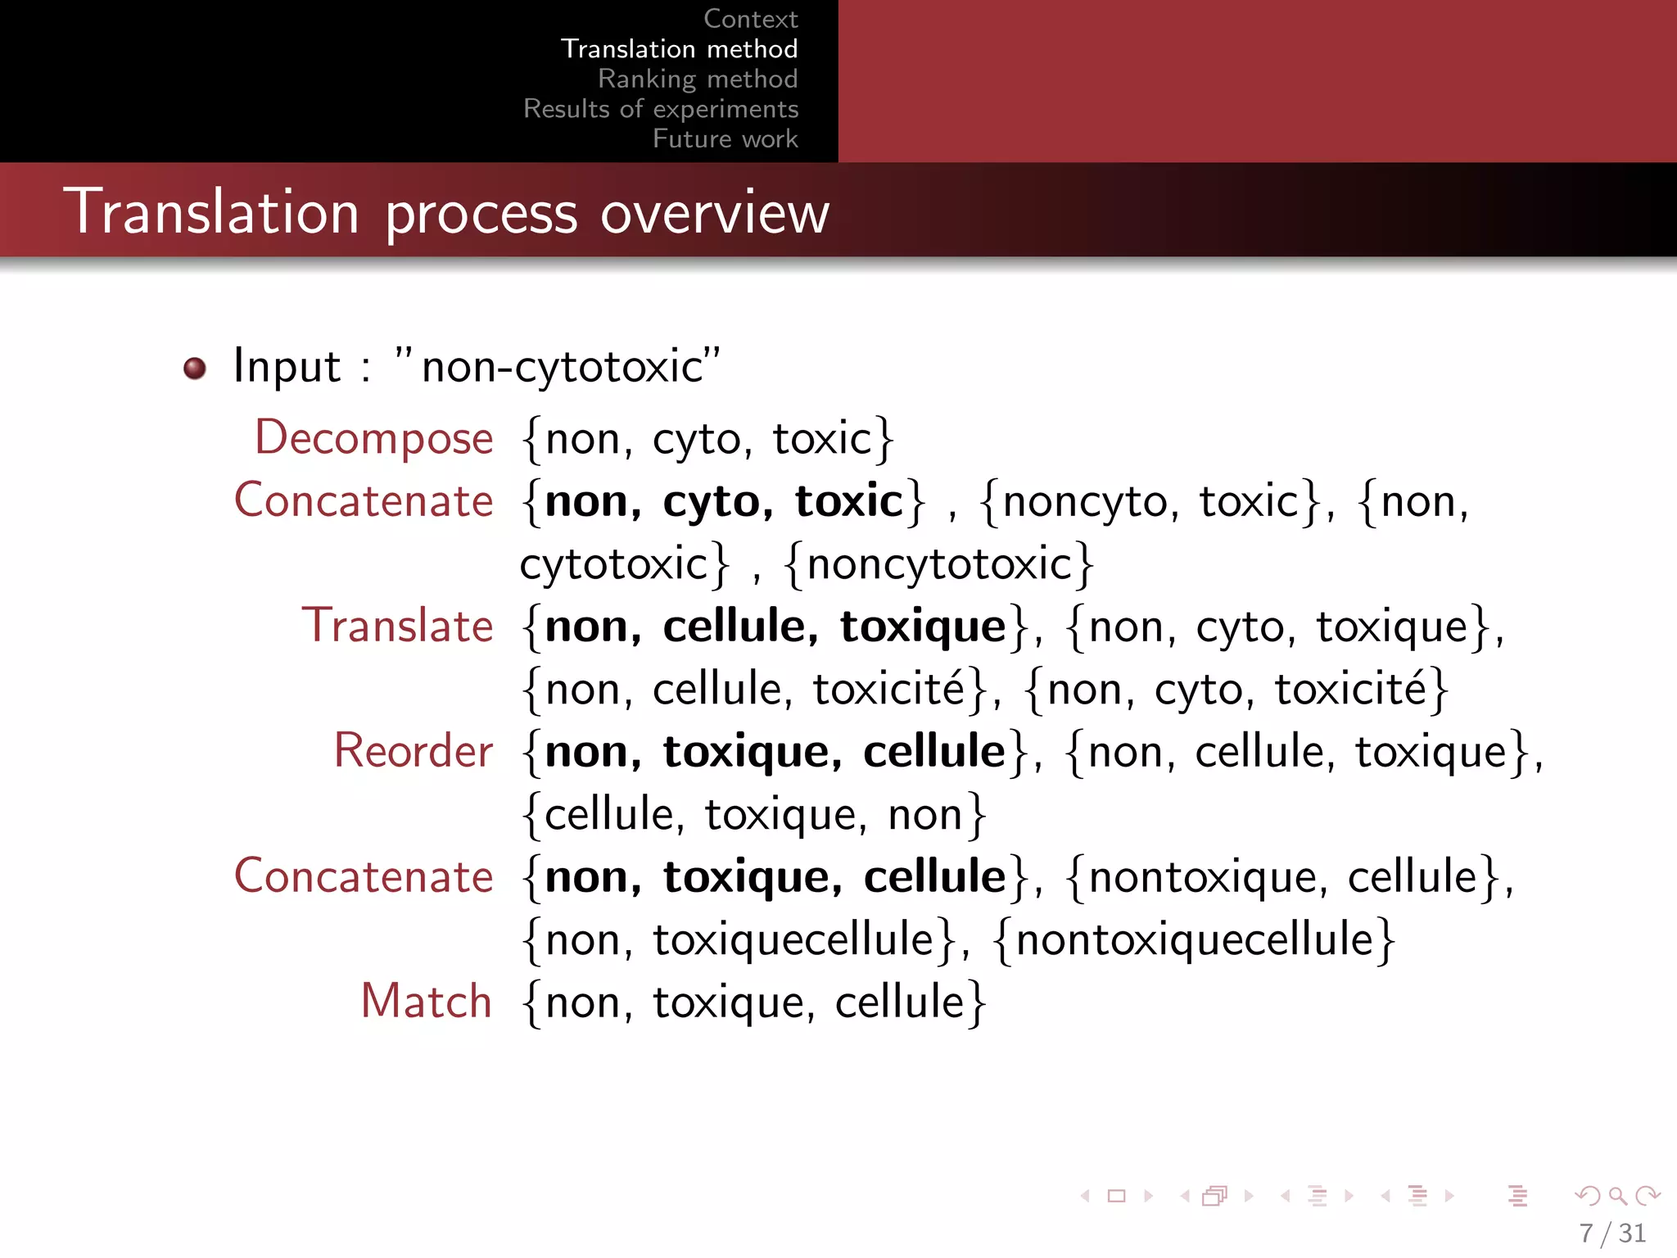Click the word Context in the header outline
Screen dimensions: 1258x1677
click(x=750, y=19)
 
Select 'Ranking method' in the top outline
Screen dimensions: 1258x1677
click(x=698, y=79)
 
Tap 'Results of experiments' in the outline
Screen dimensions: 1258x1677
click(x=661, y=109)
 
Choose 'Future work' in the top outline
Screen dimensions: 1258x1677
click(x=725, y=138)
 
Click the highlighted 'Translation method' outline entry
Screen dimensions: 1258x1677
click(x=679, y=49)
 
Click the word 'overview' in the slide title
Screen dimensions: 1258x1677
click(x=715, y=213)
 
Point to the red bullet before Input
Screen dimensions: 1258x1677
click(x=195, y=369)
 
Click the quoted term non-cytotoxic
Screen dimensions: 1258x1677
click(x=562, y=366)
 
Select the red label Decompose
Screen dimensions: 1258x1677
click(x=374, y=437)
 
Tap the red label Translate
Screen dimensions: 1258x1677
click(x=397, y=626)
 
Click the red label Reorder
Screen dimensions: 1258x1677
click(x=414, y=751)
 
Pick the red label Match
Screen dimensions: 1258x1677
click(x=426, y=1001)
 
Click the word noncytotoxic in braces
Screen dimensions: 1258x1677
click(x=939, y=563)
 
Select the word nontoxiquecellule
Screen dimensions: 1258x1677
click(x=1194, y=939)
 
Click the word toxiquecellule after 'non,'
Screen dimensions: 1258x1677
click(x=793, y=939)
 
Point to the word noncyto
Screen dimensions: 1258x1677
click(x=1084, y=501)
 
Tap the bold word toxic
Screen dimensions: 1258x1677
click(x=848, y=501)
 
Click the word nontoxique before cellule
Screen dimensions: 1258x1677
click(x=1203, y=876)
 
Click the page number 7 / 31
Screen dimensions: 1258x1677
click(x=1611, y=1233)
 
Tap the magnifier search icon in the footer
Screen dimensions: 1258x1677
click(x=1617, y=1196)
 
